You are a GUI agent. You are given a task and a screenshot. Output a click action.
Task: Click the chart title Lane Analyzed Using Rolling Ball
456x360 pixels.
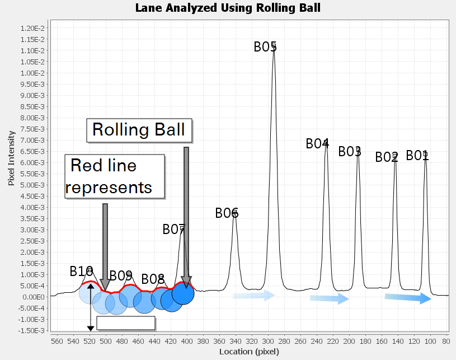pos(228,8)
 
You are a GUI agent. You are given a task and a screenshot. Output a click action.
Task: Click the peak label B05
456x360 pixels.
pos(265,46)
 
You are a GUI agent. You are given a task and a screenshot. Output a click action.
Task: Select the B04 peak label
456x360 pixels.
pos(317,143)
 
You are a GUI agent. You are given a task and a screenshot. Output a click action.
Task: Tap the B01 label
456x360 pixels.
pos(417,155)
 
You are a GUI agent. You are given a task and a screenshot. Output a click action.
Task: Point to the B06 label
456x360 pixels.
pos(227,213)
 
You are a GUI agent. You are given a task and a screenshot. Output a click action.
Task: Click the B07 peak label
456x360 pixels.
pos(173,229)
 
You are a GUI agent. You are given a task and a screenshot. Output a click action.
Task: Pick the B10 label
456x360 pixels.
pos(81,272)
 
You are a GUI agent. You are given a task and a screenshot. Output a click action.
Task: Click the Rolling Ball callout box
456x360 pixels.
pos(139,130)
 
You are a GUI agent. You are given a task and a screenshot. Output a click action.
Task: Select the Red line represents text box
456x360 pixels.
pos(115,176)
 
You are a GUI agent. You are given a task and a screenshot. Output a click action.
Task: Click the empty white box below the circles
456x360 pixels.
pos(126,322)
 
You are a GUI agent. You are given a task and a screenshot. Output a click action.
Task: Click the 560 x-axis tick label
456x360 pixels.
pos(57,340)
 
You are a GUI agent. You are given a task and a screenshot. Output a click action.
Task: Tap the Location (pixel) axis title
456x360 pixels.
pos(249,352)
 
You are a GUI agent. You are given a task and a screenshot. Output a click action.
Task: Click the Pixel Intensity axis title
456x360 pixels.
pos(11,158)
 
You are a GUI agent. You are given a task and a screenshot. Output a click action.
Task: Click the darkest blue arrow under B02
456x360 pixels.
pos(407,298)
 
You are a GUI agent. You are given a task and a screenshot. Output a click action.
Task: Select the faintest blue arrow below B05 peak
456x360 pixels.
pos(254,295)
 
